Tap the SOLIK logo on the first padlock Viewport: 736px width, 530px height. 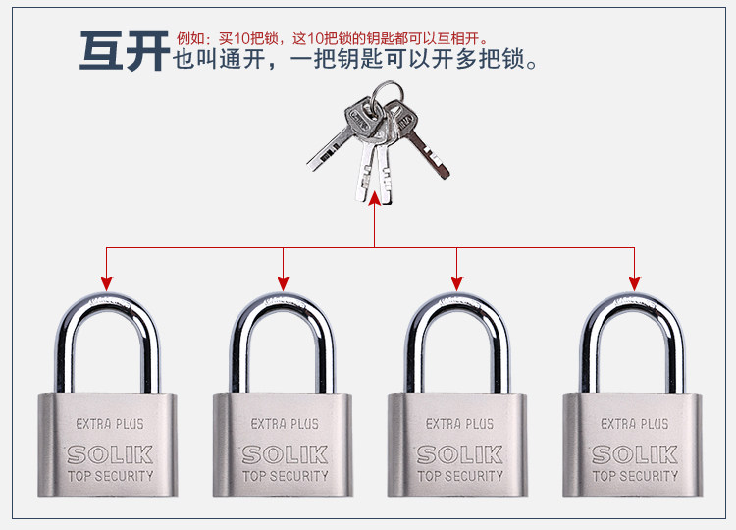[x=110, y=454]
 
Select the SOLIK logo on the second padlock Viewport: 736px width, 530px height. [x=285, y=454]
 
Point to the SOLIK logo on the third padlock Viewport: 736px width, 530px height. [x=459, y=454]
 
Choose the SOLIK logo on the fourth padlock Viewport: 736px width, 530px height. [x=634, y=454]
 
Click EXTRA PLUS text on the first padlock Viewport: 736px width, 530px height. [x=110, y=424]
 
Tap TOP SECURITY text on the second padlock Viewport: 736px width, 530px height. [x=285, y=476]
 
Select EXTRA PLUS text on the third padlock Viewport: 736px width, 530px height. [x=459, y=424]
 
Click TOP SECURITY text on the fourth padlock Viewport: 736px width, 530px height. [x=634, y=476]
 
